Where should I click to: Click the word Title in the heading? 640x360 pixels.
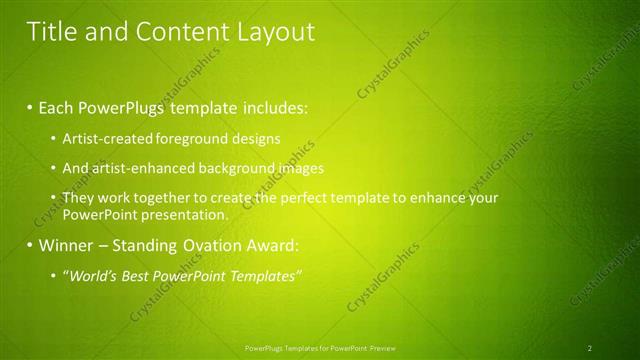point(50,32)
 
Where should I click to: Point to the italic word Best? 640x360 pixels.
point(136,276)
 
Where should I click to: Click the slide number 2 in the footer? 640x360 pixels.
point(590,347)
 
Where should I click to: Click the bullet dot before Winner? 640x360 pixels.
point(30,245)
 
